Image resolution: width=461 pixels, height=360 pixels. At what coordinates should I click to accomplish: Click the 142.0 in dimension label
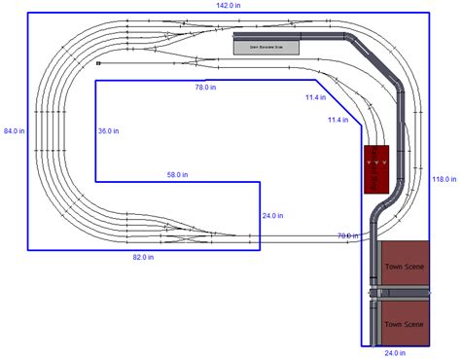230,6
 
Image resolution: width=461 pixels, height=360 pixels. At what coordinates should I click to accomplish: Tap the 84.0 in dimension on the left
14,129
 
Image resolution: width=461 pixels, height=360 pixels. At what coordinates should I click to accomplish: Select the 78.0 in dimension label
204,88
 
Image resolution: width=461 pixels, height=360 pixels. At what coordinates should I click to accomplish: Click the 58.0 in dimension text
177,175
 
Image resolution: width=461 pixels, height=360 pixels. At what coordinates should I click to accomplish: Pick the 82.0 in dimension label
144,258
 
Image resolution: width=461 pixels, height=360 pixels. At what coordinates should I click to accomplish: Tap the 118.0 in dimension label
444,179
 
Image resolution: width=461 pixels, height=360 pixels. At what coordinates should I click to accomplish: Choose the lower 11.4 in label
337,120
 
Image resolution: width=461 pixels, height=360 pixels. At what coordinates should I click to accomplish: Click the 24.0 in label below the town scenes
394,353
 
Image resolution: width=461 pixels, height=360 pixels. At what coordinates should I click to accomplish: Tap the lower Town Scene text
403,324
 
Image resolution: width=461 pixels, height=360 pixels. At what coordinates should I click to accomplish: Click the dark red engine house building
376,169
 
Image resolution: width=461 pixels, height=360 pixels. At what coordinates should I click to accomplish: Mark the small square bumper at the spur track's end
98,63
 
